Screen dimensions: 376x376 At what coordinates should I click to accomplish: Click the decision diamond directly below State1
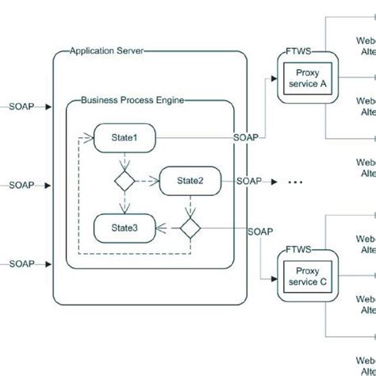pyautogui.click(x=125, y=181)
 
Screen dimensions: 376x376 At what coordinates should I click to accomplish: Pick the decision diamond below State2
pyautogui.click(x=189, y=228)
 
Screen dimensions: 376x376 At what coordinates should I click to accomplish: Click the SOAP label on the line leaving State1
pyautogui.click(x=246, y=136)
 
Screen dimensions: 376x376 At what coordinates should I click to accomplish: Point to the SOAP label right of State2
pyautogui.click(x=248, y=181)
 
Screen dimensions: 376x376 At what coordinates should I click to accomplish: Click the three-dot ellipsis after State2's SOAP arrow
pyautogui.click(x=294, y=183)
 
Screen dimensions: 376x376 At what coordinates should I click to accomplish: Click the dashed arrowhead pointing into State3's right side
pyautogui.click(x=159, y=228)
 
